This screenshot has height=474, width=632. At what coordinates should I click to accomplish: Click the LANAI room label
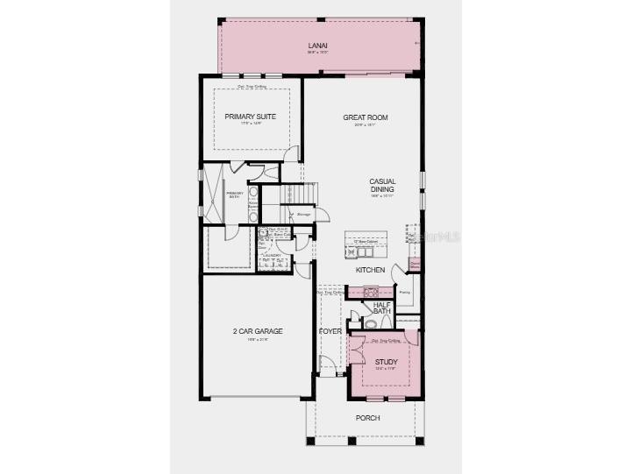pyautogui.click(x=317, y=45)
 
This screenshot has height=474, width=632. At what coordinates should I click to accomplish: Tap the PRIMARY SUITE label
pyautogui.click(x=251, y=117)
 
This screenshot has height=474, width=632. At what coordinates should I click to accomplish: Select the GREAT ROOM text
pyautogui.click(x=366, y=117)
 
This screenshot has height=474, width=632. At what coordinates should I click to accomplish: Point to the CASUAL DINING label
pyautogui.click(x=381, y=185)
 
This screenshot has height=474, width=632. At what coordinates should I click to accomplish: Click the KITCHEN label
pyautogui.click(x=371, y=270)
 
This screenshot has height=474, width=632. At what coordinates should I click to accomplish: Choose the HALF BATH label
pyautogui.click(x=381, y=308)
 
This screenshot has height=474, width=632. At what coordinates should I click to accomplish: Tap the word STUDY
pyautogui.click(x=386, y=361)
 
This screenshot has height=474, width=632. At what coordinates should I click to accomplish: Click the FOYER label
pyautogui.click(x=330, y=332)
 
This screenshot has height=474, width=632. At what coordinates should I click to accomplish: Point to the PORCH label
pyautogui.click(x=367, y=418)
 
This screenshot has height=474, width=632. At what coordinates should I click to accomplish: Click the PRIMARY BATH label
pyautogui.click(x=235, y=195)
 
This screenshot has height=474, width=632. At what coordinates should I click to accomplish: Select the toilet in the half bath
pyautogui.click(x=369, y=323)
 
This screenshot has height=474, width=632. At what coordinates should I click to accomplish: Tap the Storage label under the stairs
pyautogui.click(x=304, y=213)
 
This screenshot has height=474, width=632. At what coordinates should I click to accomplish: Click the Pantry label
pyautogui.click(x=404, y=292)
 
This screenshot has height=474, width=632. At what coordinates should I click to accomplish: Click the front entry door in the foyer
pyautogui.click(x=327, y=365)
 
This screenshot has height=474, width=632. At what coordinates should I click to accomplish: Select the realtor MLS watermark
pyautogui.click(x=433, y=237)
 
